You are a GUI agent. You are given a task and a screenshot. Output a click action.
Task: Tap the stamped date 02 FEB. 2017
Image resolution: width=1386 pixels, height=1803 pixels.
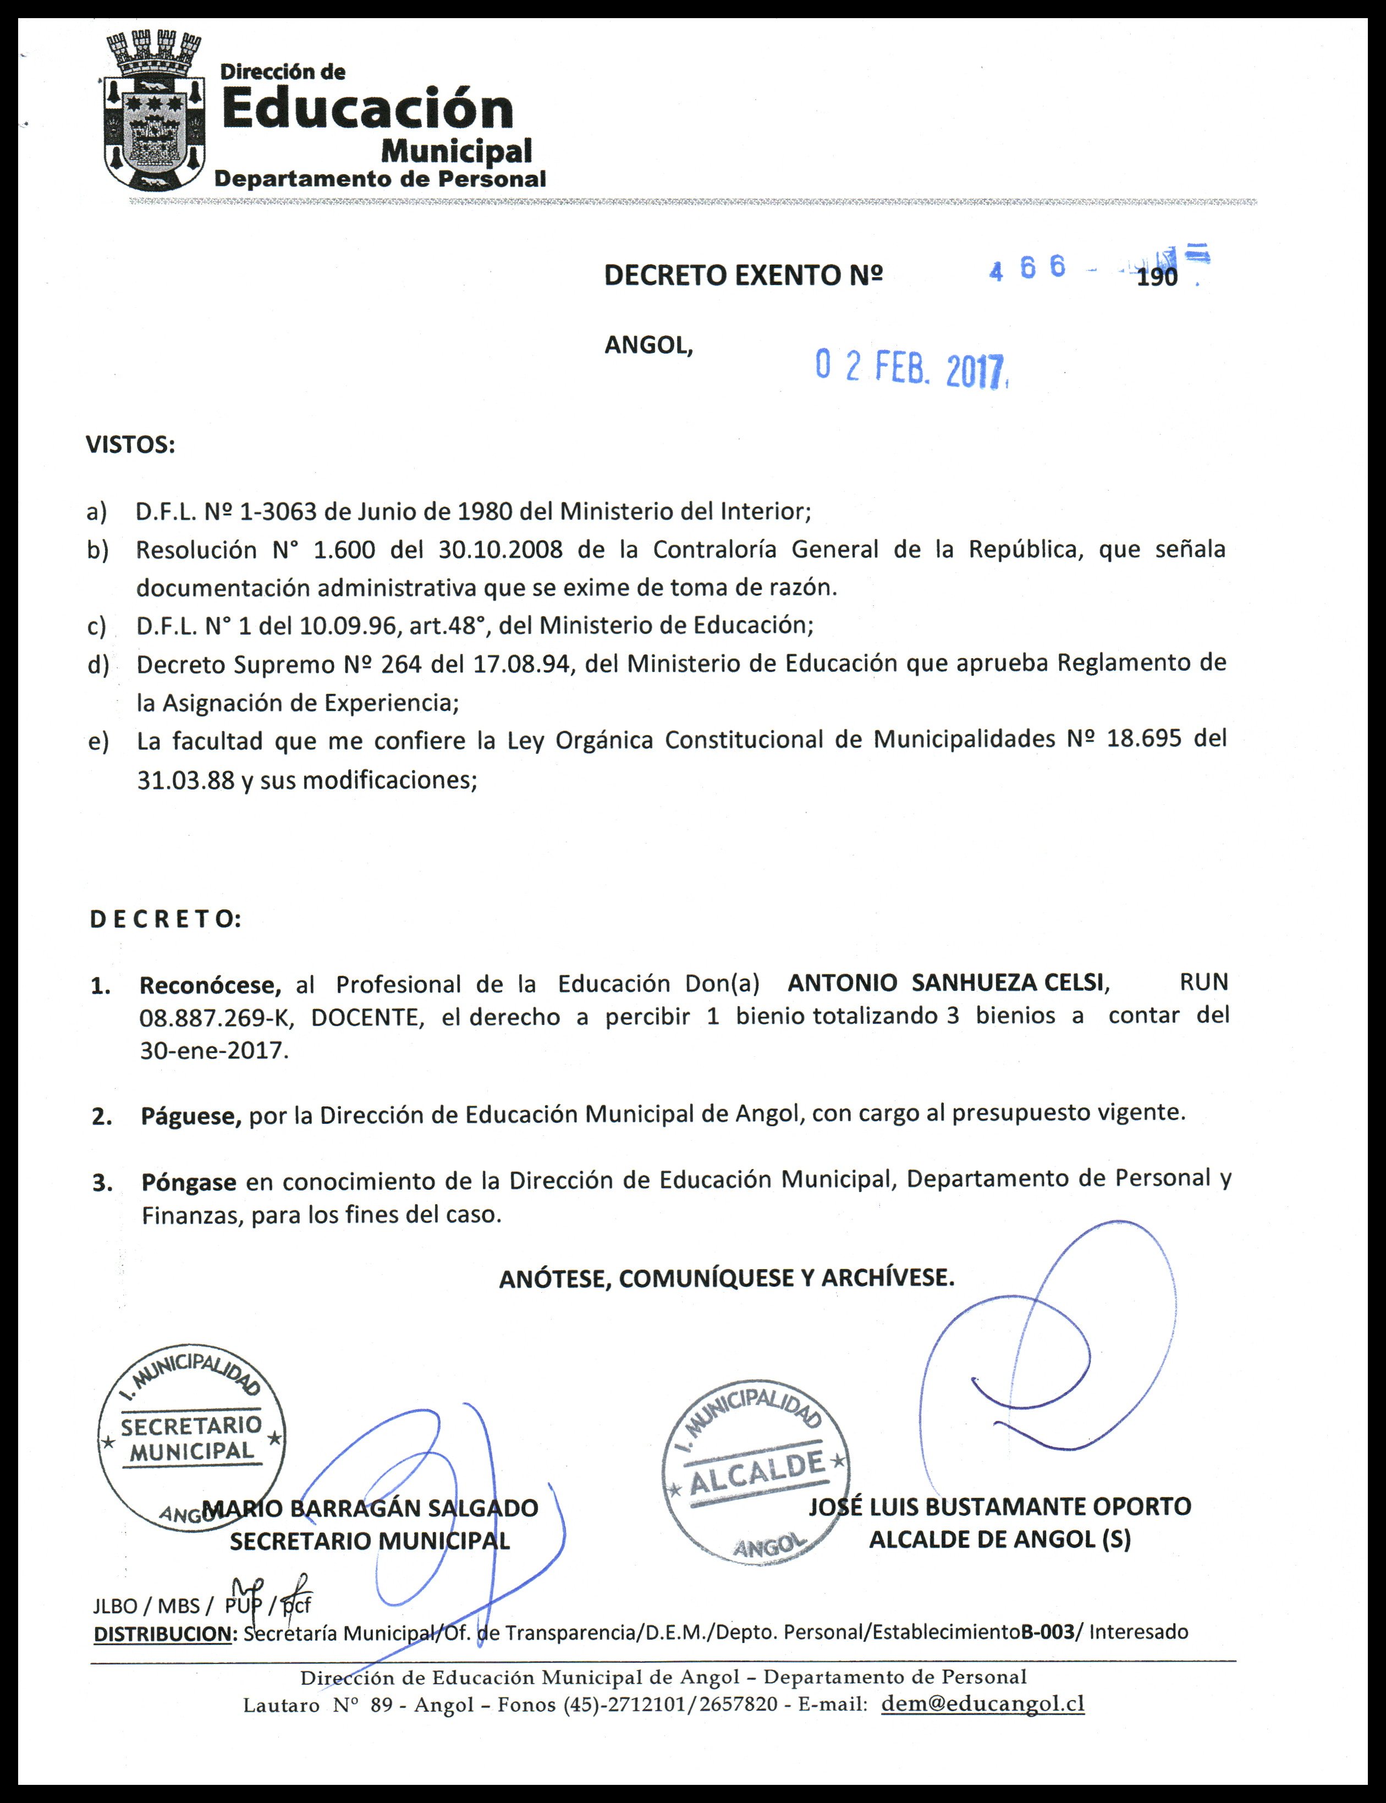pos(912,368)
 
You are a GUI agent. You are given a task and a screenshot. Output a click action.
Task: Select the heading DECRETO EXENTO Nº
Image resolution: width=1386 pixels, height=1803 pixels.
pos(743,275)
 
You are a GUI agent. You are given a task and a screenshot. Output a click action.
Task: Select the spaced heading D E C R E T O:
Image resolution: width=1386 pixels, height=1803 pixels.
pos(165,919)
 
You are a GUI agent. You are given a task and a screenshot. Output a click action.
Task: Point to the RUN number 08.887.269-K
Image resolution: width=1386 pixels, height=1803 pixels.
pos(216,1017)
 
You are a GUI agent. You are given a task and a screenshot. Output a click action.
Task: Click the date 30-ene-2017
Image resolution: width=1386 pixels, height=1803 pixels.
pos(213,1051)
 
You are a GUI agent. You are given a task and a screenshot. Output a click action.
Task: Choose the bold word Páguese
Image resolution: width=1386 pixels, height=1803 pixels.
pos(190,1117)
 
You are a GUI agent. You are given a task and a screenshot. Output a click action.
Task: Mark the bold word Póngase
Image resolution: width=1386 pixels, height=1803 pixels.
pos(189,1182)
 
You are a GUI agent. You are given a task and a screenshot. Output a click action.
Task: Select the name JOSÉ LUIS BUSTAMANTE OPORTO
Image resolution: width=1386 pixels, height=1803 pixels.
pos(999,1507)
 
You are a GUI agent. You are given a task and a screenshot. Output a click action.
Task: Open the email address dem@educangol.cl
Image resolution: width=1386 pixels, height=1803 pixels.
pos(982,1703)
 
